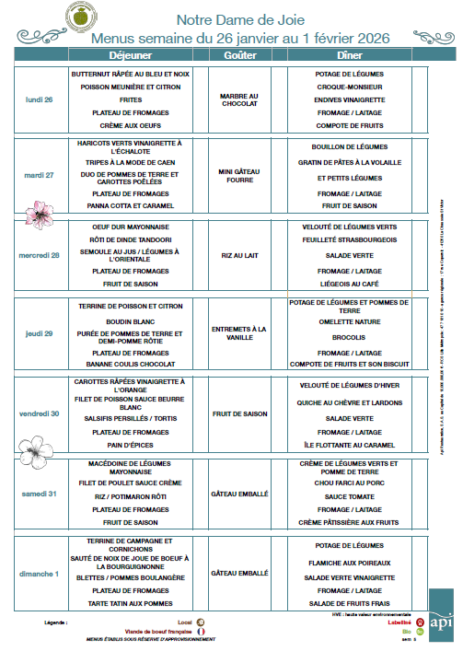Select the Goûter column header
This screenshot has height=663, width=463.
[x=240, y=55]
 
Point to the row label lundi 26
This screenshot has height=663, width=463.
[x=39, y=99]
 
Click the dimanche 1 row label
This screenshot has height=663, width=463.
[x=41, y=573]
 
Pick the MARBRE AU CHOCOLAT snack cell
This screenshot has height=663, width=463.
[x=240, y=99]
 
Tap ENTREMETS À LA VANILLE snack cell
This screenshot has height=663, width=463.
[x=240, y=333]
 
